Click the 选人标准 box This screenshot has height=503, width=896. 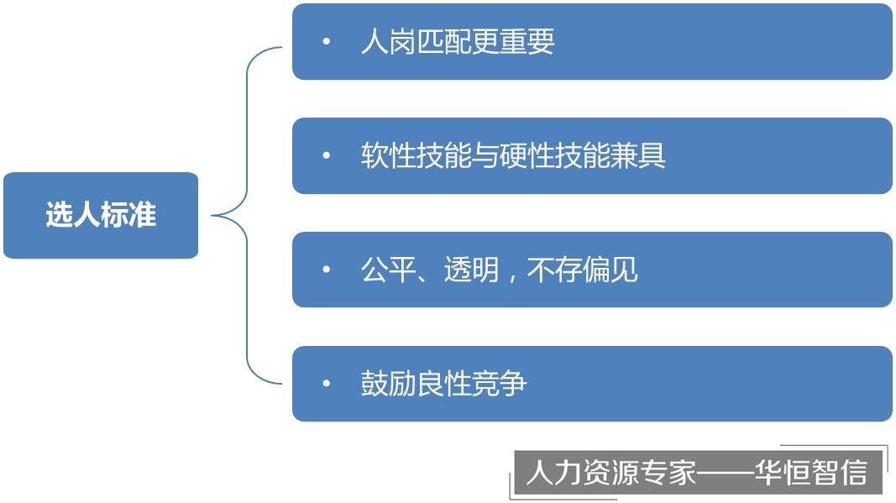pos(101,215)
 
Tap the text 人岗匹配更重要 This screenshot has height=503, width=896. pos(458,41)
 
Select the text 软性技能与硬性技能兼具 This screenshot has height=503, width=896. pos(513,155)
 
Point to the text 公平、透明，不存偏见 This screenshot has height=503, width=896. pos(500,270)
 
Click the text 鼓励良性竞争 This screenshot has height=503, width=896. pos(444,383)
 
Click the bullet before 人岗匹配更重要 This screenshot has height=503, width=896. pos(327,41)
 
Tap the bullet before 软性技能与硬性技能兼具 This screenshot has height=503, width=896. pos(327,155)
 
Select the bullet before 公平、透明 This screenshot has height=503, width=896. pos(327,270)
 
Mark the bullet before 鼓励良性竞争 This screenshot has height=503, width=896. pos(327,383)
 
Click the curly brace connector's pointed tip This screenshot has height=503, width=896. pos(212,216)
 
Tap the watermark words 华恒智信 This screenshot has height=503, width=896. pos(810,473)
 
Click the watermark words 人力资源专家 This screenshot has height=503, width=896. pos(610,473)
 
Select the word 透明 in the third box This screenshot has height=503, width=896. pos(471,270)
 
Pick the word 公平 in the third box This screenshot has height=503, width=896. pos(389,270)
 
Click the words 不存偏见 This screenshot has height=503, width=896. pos(582,270)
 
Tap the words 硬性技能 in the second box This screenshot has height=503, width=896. pos(555,155)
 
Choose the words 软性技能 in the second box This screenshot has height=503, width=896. pos(416,155)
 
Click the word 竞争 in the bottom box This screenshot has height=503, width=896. pos(500,383)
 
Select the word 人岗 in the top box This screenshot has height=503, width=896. pos(389,41)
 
